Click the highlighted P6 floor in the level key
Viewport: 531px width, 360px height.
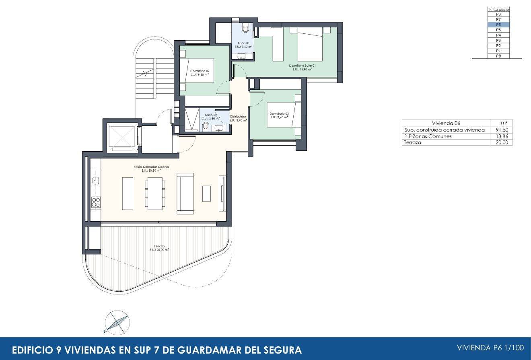498,25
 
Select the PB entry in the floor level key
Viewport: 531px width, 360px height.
498,56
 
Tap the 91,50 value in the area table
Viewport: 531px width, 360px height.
501,130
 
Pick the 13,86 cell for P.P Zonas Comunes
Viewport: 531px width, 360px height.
501,136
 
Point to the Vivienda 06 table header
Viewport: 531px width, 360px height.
446,123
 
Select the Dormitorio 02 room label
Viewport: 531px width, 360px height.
200,72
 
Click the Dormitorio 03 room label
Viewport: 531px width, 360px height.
279,115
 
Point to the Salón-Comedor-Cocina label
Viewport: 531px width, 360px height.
151,168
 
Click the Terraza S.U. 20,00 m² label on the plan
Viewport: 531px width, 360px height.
159,247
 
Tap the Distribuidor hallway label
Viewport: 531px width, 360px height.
238,118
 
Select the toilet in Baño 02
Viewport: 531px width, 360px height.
206,128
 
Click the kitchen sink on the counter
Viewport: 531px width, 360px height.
96,181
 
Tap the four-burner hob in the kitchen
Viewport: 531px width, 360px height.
96,202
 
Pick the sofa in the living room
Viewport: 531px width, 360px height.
185,193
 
